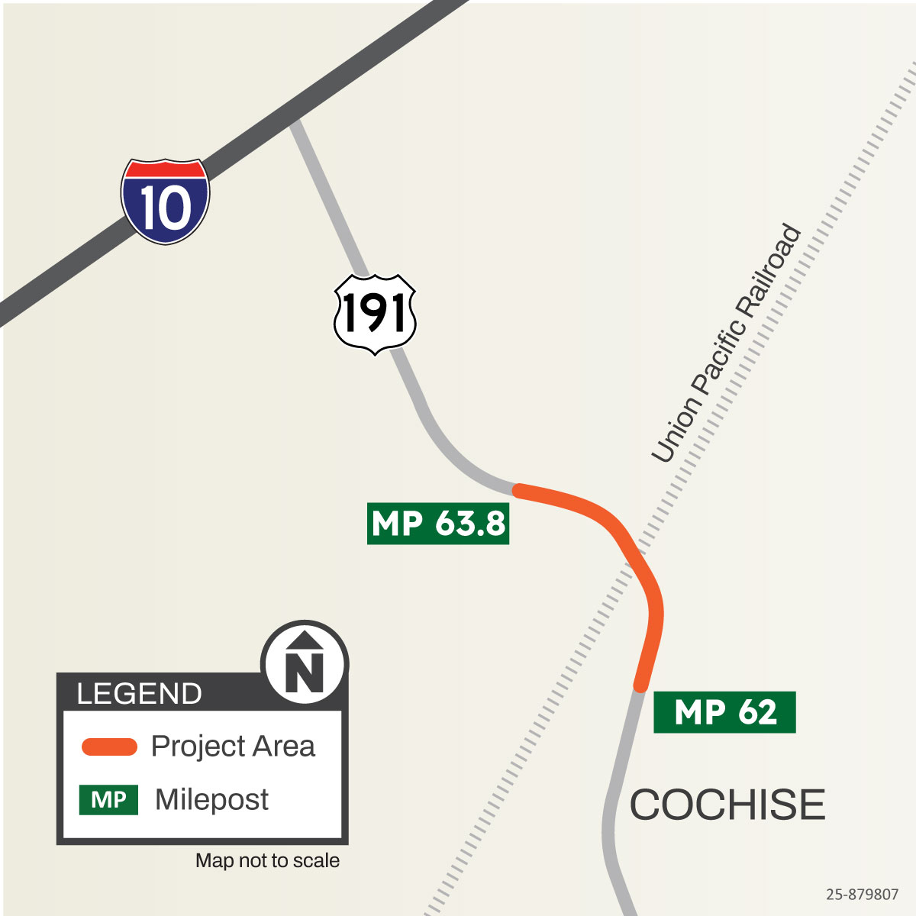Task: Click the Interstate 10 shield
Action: (165, 202)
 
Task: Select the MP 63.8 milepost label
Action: (438, 524)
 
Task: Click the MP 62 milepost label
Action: (724, 712)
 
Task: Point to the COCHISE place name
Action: (727, 805)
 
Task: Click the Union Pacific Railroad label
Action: (727, 343)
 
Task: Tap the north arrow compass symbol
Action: (305, 663)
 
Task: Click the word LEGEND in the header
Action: (140, 694)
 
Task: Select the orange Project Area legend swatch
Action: (109, 747)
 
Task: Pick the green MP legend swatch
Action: (108, 800)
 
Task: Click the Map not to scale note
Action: (267, 861)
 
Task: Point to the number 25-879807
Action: (862, 894)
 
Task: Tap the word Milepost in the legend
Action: (211, 800)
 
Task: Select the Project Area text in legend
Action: (233, 747)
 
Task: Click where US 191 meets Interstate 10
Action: (293, 122)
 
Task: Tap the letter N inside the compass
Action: (305, 671)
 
